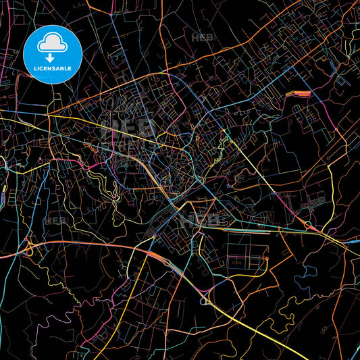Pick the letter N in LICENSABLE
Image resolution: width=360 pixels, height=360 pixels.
point(49,69)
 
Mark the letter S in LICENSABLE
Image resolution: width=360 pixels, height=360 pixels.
point(53,69)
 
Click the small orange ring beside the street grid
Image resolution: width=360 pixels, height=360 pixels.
point(268,257)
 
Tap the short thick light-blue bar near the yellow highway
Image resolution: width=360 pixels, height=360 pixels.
point(3,198)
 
